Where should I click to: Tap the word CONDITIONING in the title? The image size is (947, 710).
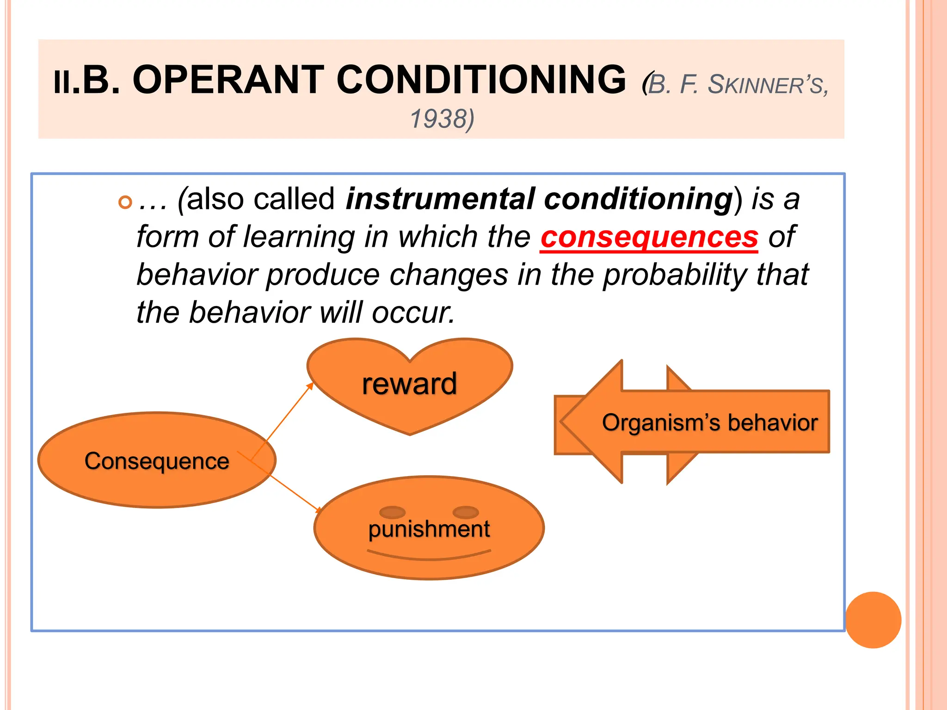tap(481, 80)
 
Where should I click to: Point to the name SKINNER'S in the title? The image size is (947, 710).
tap(768, 85)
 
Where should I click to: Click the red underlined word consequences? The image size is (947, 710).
tap(649, 237)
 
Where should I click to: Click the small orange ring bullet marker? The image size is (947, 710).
tap(125, 202)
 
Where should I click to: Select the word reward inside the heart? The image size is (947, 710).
tap(409, 384)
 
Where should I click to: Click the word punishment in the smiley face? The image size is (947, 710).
tap(429, 529)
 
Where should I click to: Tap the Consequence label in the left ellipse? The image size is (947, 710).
tap(157, 461)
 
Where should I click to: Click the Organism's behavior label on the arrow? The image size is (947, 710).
tap(710, 422)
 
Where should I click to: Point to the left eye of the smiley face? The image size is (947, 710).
tap(392, 512)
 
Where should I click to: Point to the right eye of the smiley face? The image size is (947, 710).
tap(466, 512)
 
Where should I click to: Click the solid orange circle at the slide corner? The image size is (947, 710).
tap(873, 620)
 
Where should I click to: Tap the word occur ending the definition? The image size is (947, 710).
tap(413, 313)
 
